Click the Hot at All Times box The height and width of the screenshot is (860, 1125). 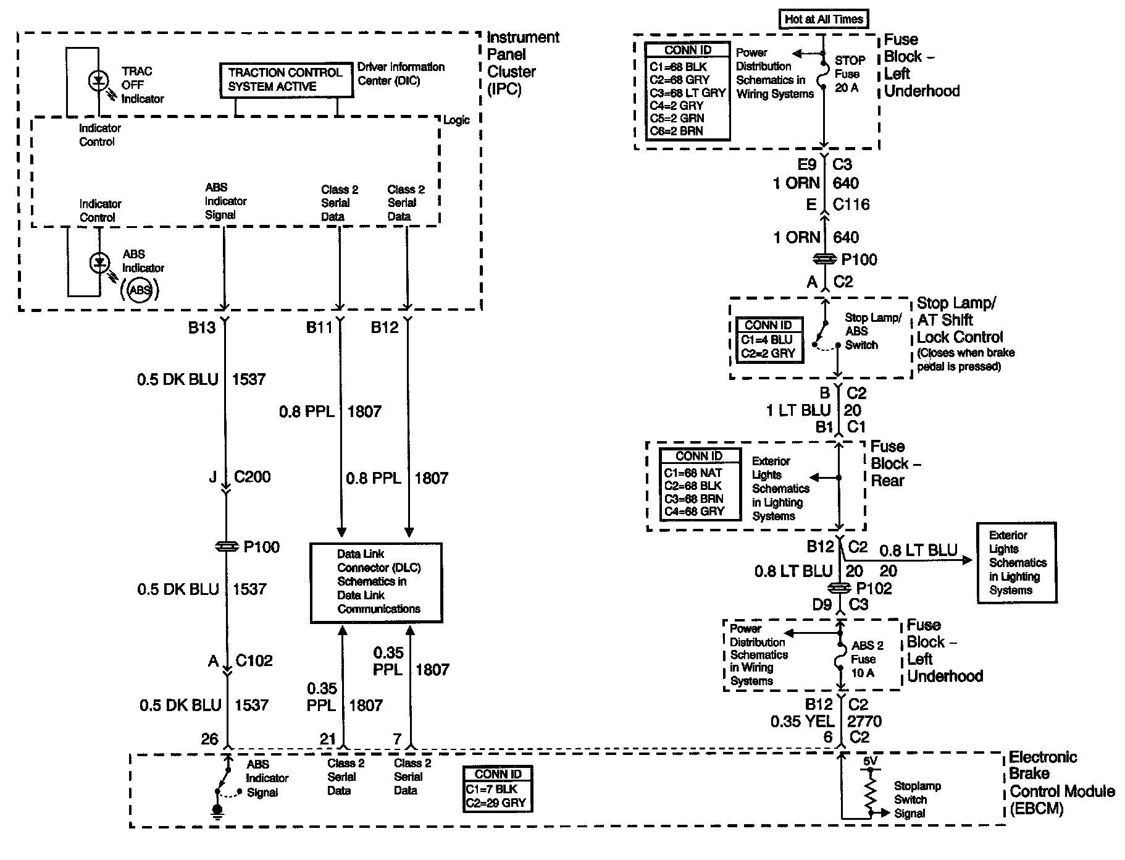coord(823,19)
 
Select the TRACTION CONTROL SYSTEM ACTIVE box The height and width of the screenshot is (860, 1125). coord(285,80)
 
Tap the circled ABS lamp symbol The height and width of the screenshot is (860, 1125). coord(140,290)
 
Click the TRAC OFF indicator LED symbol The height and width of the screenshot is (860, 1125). coord(99,81)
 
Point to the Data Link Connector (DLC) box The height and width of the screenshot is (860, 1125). coord(375,581)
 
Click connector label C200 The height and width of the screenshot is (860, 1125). coord(253,477)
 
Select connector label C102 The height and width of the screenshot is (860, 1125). coord(254,661)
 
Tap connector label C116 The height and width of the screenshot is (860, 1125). coord(851,204)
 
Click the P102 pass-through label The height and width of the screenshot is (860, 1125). coord(874,588)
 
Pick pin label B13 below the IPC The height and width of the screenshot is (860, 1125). coord(202,328)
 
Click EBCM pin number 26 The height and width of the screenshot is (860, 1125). coord(210,739)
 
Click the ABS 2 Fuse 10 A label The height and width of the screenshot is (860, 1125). coord(867,659)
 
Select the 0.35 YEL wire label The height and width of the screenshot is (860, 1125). coord(802,721)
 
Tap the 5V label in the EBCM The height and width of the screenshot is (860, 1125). coord(869,762)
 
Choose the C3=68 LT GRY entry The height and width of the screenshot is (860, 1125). coord(687,93)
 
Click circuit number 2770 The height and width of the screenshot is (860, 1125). coord(864,721)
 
